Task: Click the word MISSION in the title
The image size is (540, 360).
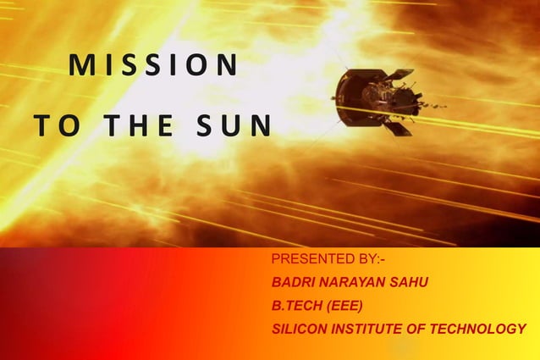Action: pos(153,65)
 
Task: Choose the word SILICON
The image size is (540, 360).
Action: pos(298,329)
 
